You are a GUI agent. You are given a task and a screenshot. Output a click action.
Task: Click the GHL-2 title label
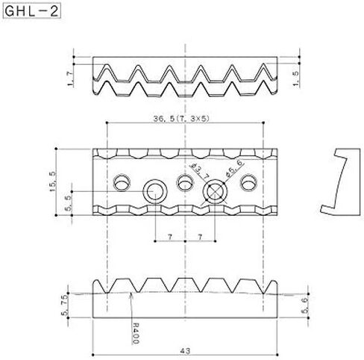31,11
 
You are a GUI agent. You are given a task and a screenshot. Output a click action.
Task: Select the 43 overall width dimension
185,351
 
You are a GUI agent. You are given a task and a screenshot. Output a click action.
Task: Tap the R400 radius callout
136,333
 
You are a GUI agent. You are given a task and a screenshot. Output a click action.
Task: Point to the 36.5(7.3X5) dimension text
181,119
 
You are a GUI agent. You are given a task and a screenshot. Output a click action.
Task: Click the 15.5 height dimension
53,181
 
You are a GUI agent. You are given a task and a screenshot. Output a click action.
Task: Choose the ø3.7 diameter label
199,171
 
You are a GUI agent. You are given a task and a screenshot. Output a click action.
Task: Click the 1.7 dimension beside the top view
71,78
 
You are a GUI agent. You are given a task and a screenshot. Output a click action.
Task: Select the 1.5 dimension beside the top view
296,78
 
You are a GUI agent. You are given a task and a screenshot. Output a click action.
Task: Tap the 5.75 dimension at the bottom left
64,305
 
